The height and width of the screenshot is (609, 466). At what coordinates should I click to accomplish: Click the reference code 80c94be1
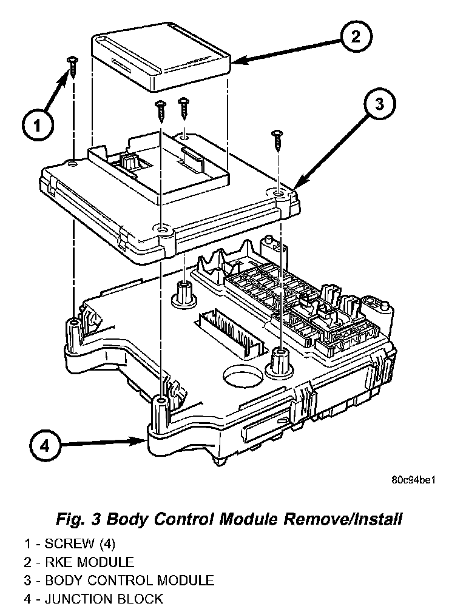(x=414, y=479)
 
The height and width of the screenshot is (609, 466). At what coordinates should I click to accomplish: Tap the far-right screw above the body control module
(x=277, y=139)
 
